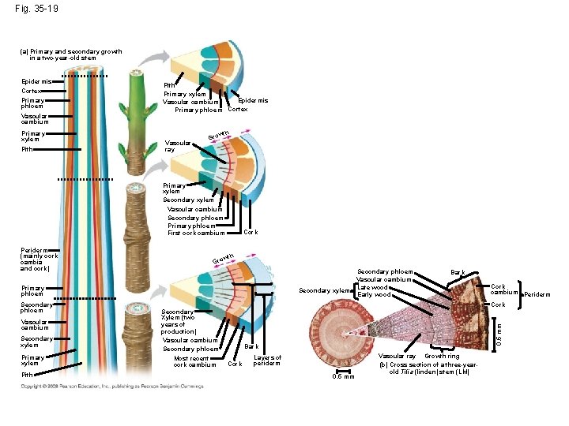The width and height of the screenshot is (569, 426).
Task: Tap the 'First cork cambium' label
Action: coord(196,233)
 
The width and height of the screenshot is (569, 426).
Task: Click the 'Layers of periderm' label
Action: coord(267,361)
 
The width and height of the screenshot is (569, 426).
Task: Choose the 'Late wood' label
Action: coord(373,287)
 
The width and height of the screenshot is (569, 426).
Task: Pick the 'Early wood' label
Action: coord(374,295)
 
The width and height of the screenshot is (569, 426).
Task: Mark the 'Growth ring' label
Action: coord(444,357)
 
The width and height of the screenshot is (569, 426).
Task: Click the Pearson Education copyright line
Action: coord(111,387)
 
